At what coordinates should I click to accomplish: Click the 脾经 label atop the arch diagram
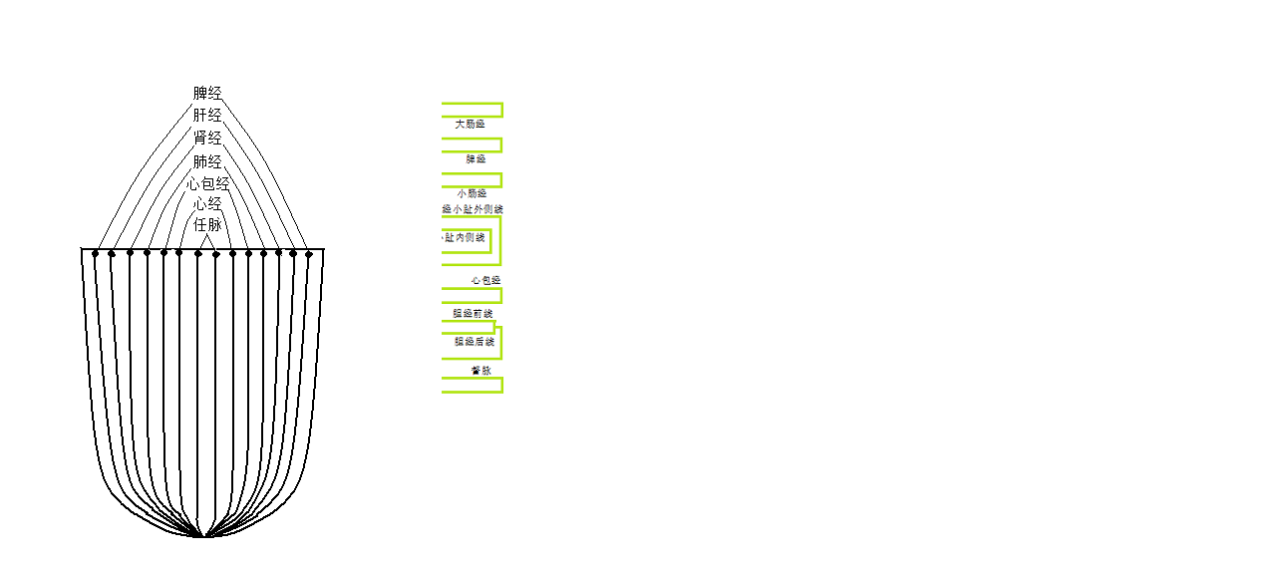pyautogui.click(x=207, y=94)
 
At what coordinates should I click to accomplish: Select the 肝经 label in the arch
pyautogui.click(x=207, y=116)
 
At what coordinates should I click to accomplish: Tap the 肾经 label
pyautogui.click(x=207, y=139)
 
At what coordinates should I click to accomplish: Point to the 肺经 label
pyautogui.click(x=207, y=161)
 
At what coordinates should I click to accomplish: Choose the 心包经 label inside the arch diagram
pyautogui.click(x=208, y=184)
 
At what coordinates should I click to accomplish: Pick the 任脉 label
pyautogui.click(x=207, y=225)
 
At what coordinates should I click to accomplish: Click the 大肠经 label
pyautogui.click(x=470, y=125)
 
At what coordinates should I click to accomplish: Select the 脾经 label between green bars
pyautogui.click(x=476, y=159)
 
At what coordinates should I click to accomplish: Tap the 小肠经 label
pyautogui.click(x=472, y=193)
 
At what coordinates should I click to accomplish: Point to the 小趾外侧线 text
pyautogui.click(x=474, y=209)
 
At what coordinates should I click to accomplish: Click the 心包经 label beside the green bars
pyautogui.click(x=485, y=281)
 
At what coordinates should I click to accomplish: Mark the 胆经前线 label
pyautogui.click(x=473, y=314)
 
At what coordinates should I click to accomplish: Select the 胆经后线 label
pyautogui.click(x=474, y=342)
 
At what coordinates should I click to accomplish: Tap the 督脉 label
pyautogui.click(x=480, y=371)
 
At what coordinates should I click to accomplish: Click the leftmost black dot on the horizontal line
pyautogui.click(x=96, y=253)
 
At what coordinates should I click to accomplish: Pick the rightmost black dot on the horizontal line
pyautogui.click(x=309, y=254)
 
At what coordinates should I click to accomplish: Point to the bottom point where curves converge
pyautogui.click(x=203, y=536)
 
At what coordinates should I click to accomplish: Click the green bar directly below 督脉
pyautogui.click(x=473, y=385)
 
